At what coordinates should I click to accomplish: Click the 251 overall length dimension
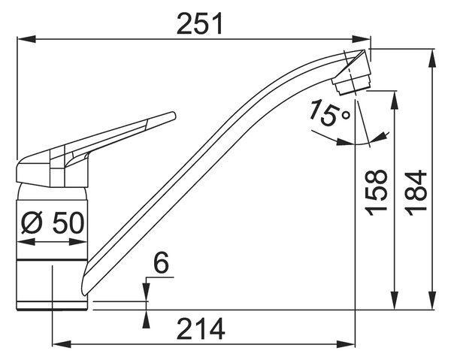click(x=200, y=23)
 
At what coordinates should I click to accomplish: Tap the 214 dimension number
click(x=201, y=328)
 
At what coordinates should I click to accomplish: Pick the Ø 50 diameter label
click(x=53, y=223)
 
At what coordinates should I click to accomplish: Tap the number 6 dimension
click(x=161, y=263)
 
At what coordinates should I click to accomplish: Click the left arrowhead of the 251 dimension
click(x=26, y=39)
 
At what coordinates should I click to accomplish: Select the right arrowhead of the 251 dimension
click(x=362, y=39)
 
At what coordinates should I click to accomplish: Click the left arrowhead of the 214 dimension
click(x=62, y=344)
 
